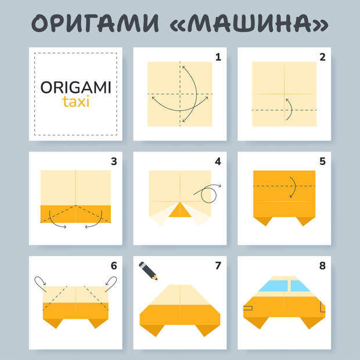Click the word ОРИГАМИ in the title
[x=95, y=23]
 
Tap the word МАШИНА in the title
[x=250, y=23]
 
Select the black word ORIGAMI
[x=75, y=87]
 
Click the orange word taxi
[x=75, y=102]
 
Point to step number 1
[x=218, y=57]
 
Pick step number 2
[x=323, y=57]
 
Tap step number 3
[x=114, y=161]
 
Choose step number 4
[x=218, y=161]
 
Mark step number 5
[x=323, y=161]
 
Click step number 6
[x=114, y=265]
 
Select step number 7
[x=218, y=265]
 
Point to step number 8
[x=323, y=265]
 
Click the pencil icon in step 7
[x=148, y=271]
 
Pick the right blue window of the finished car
[x=299, y=286]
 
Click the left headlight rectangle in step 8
[x=248, y=308]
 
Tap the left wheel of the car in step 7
[x=152, y=330]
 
